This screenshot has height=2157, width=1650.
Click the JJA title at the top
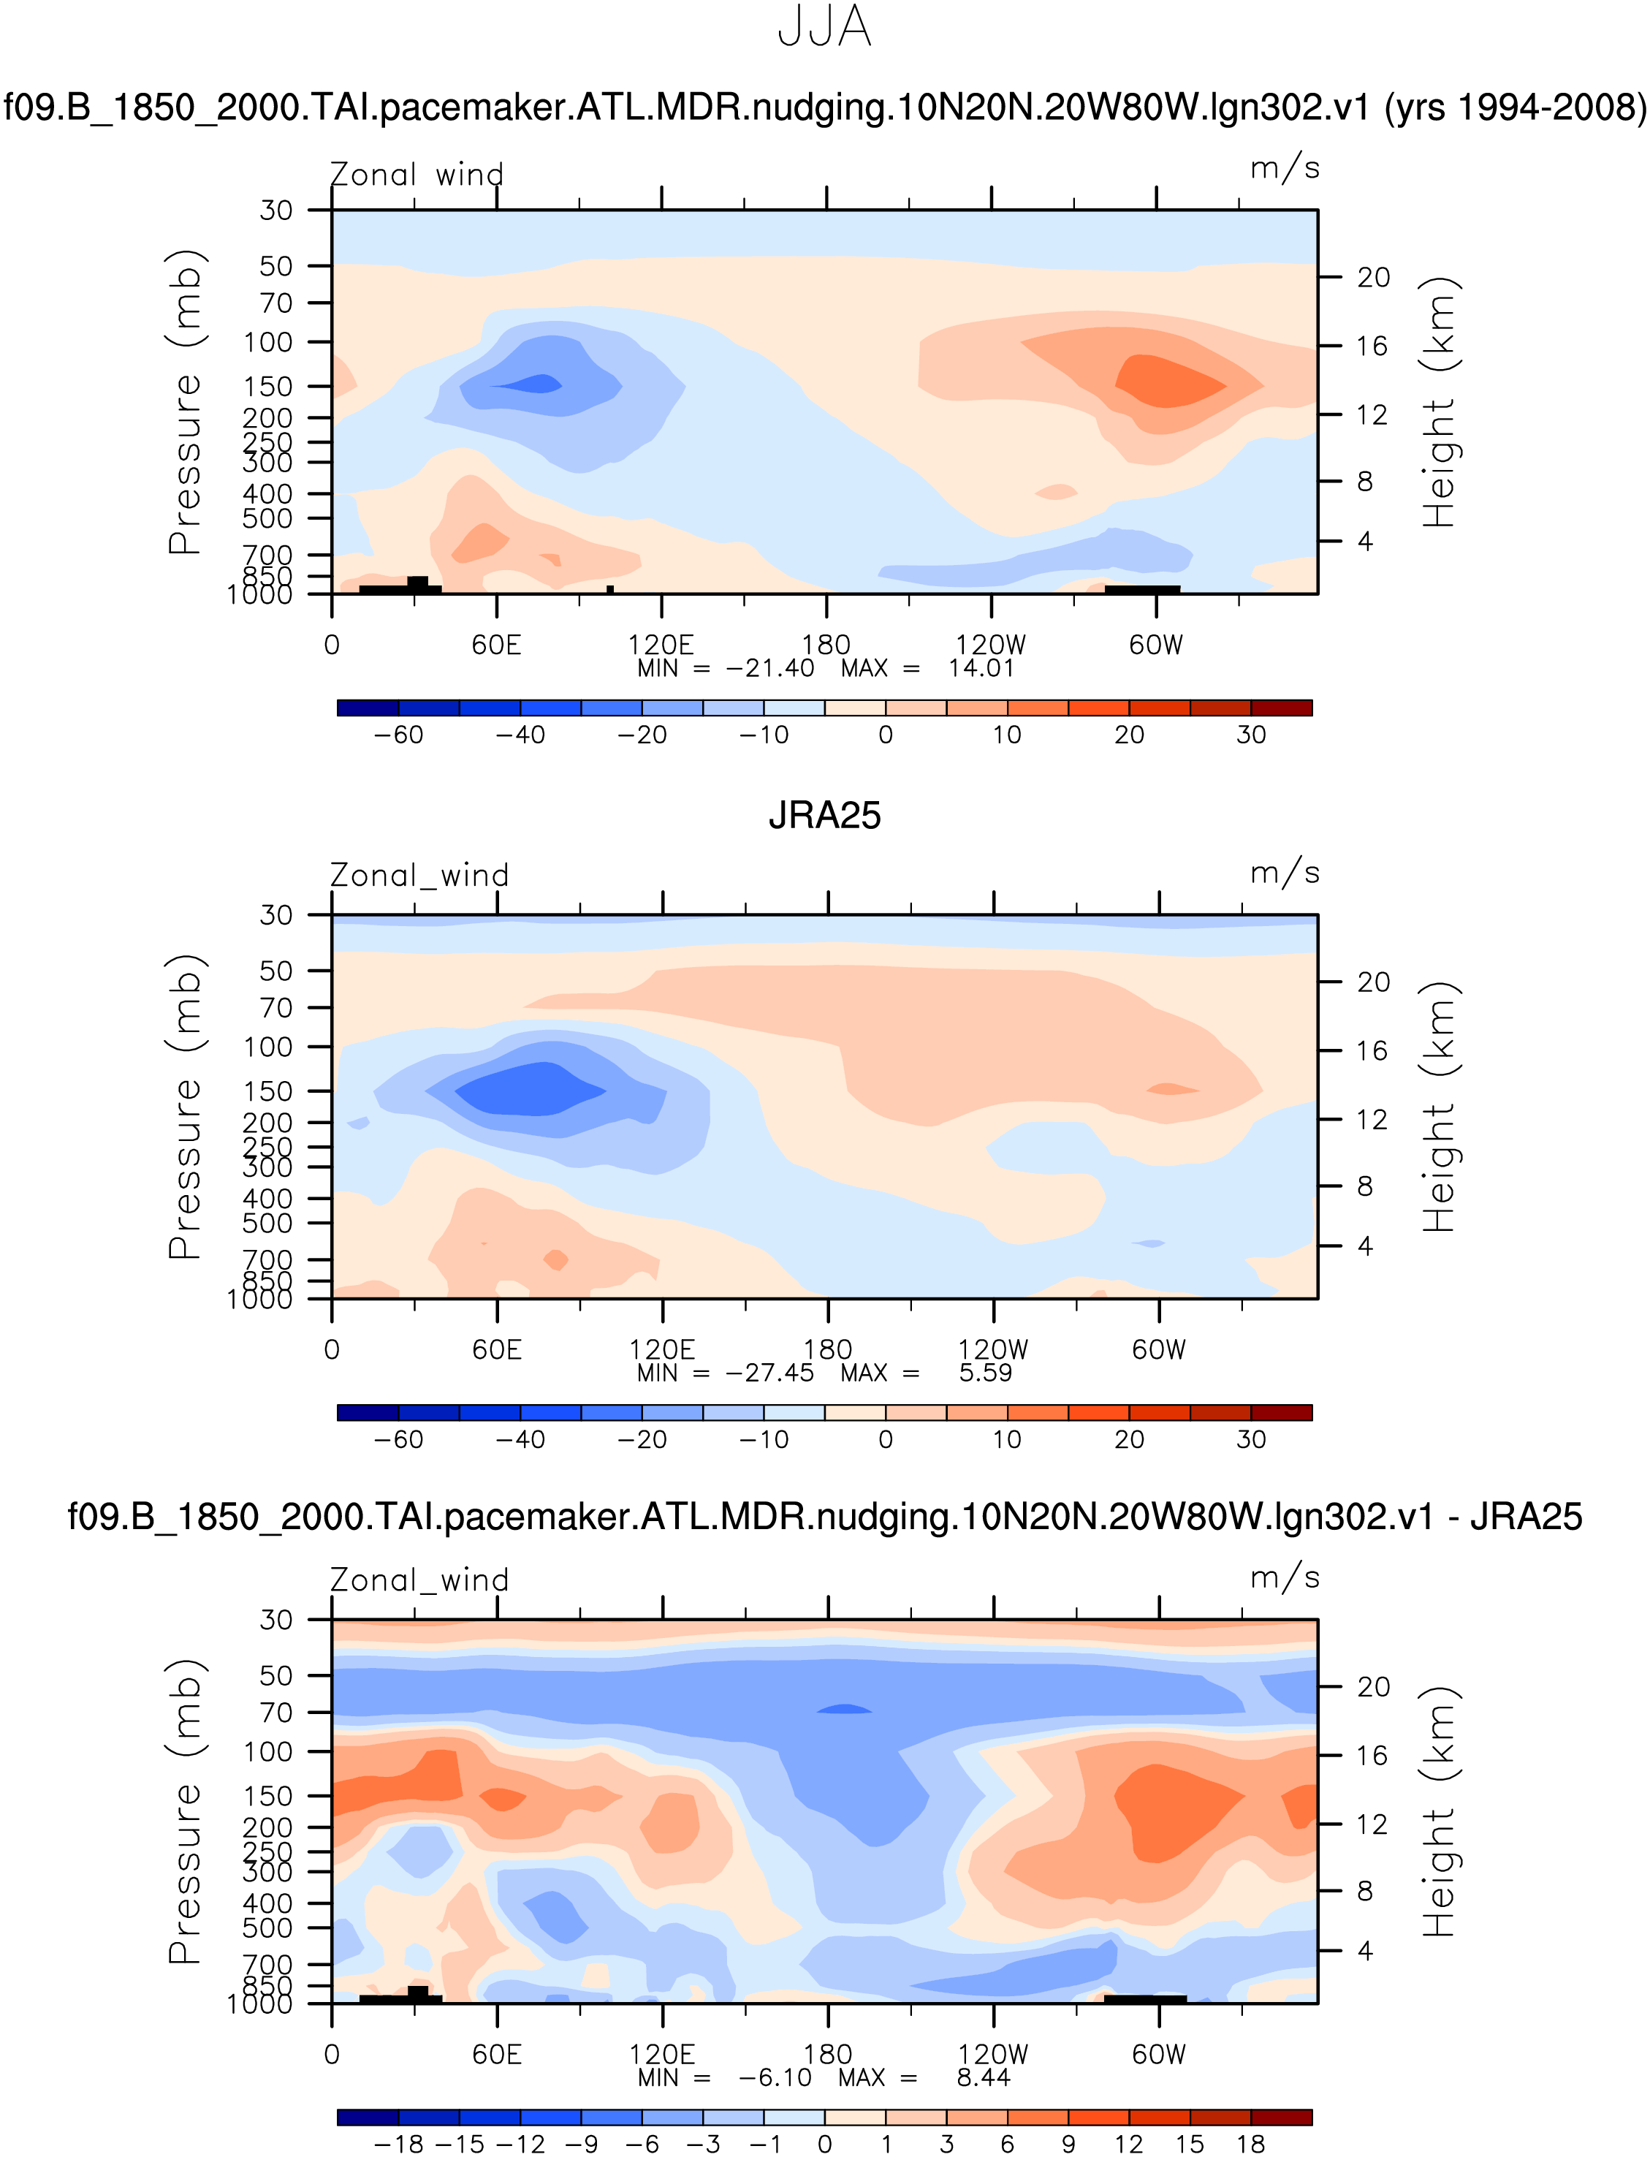tap(824, 28)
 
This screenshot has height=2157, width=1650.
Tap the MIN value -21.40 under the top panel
tap(770, 669)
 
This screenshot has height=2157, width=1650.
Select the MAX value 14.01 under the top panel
tap(980, 669)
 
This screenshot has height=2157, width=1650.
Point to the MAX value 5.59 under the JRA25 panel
tap(985, 1373)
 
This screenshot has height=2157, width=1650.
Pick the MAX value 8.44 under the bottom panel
tap(983, 2077)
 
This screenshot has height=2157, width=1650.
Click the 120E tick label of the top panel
tap(661, 645)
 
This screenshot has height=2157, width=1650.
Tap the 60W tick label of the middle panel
tap(1159, 1349)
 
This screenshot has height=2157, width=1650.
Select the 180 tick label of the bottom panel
tap(827, 2054)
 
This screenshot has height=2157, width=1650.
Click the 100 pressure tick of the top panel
tap(268, 343)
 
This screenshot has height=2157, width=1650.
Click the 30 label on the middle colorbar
tap(1250, 1440)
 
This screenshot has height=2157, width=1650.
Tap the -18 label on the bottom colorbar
tap(398, 2145)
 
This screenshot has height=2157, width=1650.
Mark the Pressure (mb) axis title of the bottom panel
tap(185, 1812)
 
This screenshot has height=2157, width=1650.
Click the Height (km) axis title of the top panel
tap(1439, 403)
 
